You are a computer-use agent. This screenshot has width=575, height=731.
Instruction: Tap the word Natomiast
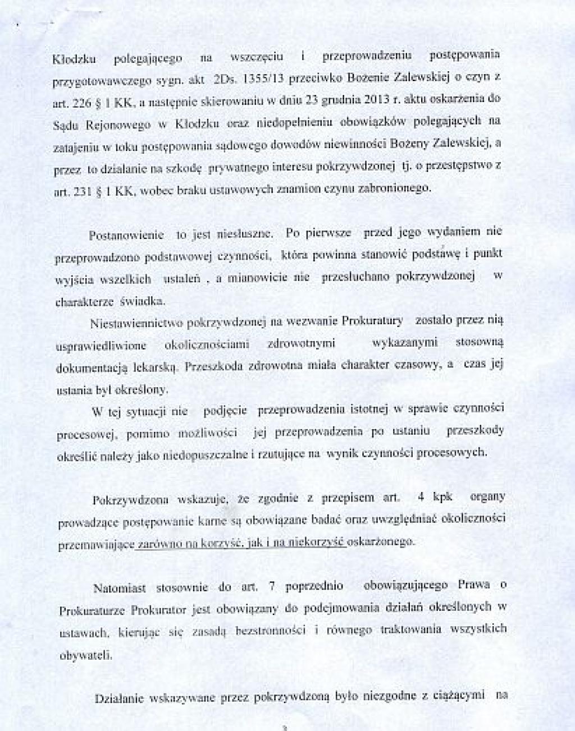[120, 589]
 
